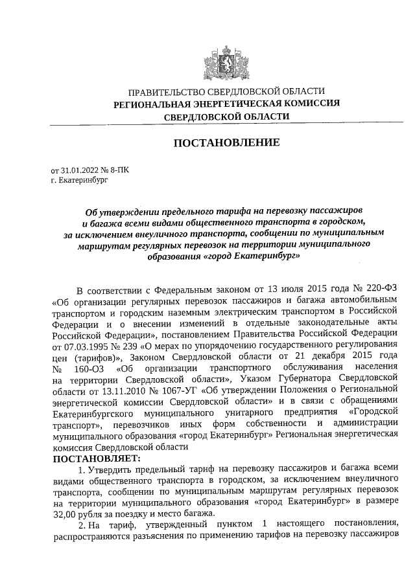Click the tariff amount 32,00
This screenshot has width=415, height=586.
point(65,512)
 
